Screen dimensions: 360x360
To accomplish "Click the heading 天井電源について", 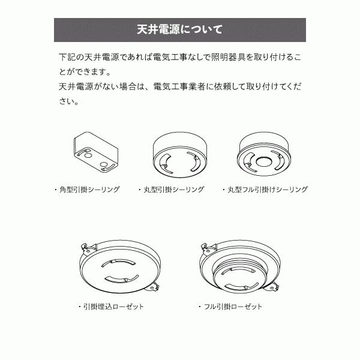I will point(179,29).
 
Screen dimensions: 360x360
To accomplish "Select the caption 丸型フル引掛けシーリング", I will point(268,190).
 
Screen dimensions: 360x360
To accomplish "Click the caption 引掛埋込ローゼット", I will point(113,307).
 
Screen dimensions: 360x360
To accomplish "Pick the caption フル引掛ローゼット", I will point(233,307).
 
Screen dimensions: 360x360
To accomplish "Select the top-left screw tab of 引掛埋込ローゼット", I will point(85,246).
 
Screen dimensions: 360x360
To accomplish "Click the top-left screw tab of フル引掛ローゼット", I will point(204,246).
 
